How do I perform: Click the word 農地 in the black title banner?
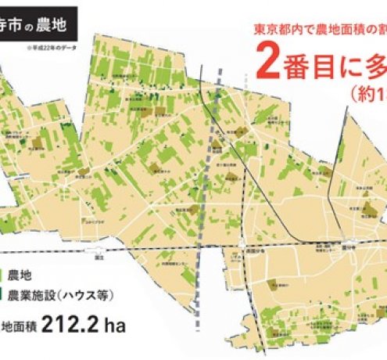(x=58, y=24)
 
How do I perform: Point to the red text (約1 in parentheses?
(x=368, y=92)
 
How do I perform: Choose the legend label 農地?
(x=20, y=275)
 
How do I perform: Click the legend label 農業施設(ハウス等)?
(x=59, y=296)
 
